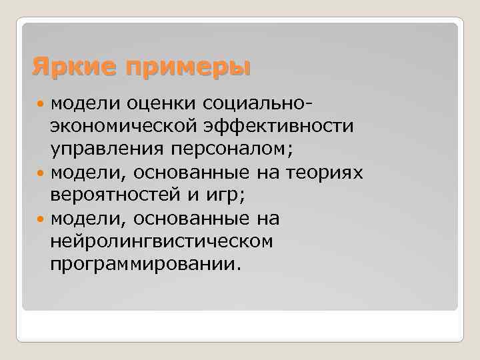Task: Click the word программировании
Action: (x=143, y=265)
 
